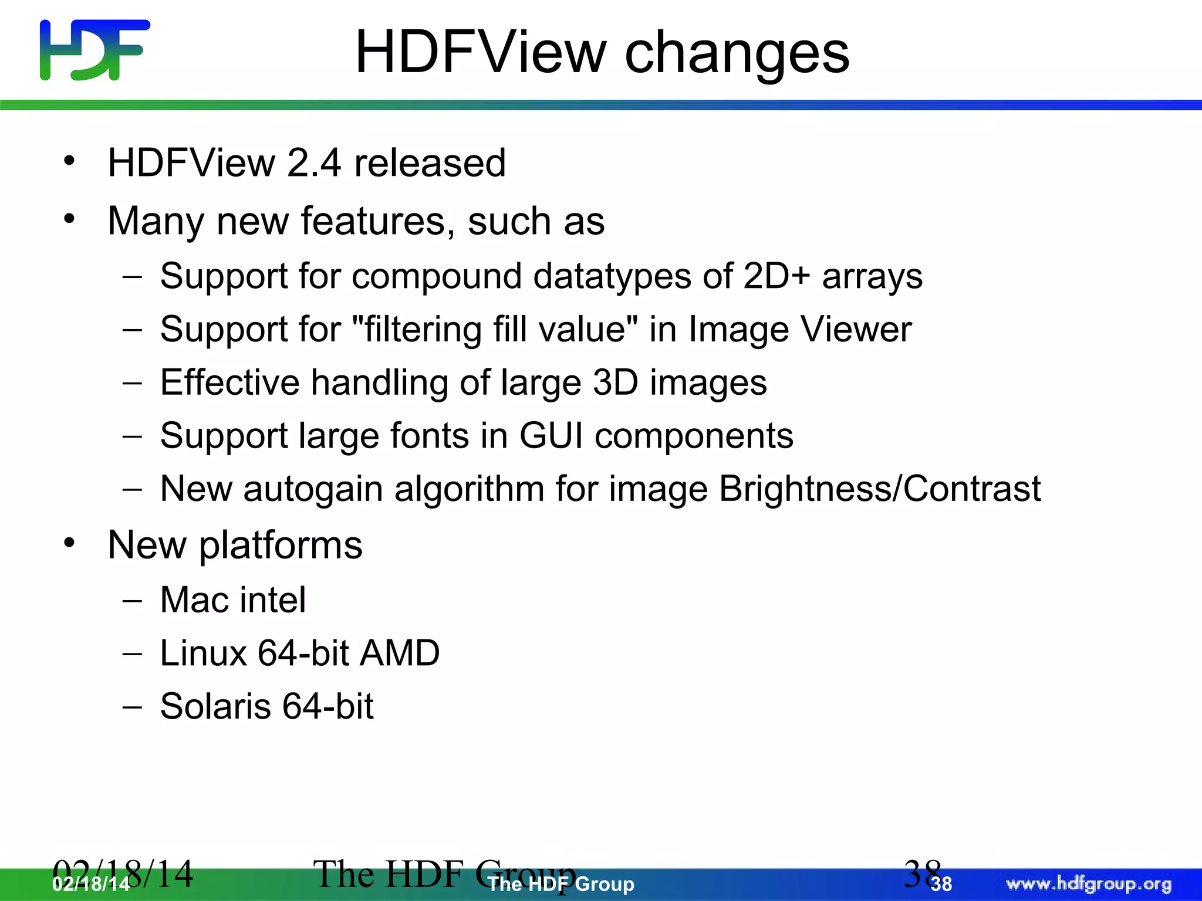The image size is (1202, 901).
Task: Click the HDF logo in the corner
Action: (94, 50)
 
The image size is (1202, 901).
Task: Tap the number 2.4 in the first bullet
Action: (314, 162)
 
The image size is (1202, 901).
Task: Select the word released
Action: (430, 162)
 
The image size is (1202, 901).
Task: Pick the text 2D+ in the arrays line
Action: (776, 276)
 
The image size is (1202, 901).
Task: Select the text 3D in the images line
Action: (616, 382)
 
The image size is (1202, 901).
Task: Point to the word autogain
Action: (313, 489)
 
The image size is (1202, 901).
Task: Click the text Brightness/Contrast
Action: (880, 489)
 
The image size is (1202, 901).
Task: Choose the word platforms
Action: (281, 546)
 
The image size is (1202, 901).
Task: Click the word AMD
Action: (399, 653)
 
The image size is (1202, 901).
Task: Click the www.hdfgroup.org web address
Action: (1088, 884)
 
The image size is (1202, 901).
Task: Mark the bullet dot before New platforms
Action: (70, 543)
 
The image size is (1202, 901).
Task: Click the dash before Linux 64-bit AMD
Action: (133, 653)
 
